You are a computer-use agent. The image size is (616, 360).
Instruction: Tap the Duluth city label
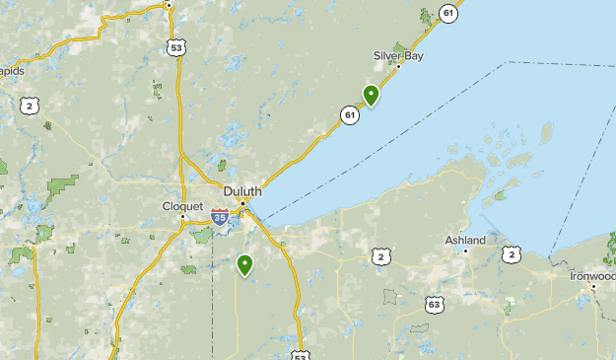241,190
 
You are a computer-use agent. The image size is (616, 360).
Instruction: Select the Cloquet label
181,206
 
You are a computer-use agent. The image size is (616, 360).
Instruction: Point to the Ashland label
465,240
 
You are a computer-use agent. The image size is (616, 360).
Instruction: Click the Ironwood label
593,276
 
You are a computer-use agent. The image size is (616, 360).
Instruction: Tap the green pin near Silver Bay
371,95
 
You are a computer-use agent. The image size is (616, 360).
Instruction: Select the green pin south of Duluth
244,263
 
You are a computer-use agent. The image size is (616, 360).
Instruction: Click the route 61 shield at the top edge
449,13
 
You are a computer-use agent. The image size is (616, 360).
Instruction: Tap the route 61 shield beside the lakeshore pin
350,115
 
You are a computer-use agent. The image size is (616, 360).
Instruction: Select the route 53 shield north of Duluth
176,46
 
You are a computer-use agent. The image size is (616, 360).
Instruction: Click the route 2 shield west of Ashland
380,257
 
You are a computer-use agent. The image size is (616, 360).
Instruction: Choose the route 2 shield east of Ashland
511,254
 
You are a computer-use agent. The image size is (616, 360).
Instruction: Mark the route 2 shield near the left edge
32,106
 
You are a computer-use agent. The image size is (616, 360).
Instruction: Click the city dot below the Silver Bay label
398,65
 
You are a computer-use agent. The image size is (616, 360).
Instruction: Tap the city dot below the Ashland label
466,250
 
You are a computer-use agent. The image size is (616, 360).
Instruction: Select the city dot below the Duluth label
242,202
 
